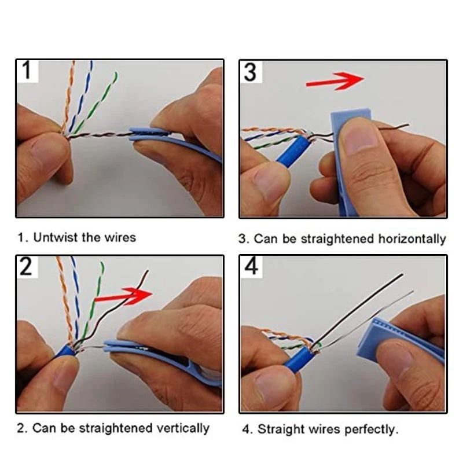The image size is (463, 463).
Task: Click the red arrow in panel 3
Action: tap(334, 80)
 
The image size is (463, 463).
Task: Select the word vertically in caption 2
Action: tap(182, 429)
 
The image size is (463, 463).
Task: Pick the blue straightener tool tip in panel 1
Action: tap(148, 135)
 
